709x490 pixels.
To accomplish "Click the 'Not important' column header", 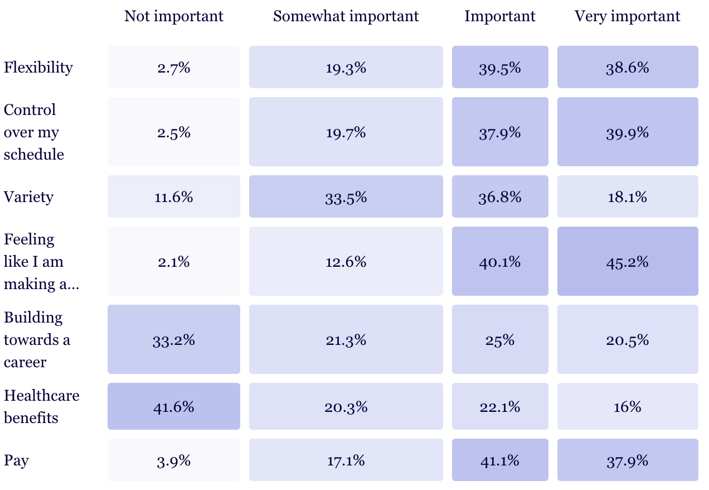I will [x=173, y=17].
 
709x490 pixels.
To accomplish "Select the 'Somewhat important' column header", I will [x=346, y=17].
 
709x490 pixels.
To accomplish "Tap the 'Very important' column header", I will [x=627, y=17].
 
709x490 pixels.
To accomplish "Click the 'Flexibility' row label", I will [x=38, y=68].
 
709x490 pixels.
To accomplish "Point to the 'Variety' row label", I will [x=29, y=197].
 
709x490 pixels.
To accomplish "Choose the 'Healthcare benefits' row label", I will [x=42, y=406].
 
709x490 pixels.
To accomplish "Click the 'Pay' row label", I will [x=16, y=460].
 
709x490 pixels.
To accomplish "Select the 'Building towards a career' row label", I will [x=37, y=339].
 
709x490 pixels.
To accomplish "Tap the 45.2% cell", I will [x=628, y=261].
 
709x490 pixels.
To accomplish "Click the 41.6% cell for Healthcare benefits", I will [x=173, y=406].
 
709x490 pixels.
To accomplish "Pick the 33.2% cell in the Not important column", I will [x=173, y=339].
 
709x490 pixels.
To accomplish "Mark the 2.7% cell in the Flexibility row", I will [x=173, y=68].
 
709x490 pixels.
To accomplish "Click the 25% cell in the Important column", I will [x=500, y=339].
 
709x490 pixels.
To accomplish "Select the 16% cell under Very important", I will [x=628, y=406].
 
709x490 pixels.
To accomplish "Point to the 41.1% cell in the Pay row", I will [x=500, y=460].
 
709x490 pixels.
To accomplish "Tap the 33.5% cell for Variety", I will [x=346, y=197].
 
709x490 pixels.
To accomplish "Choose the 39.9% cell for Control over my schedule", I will [x=628, y=132].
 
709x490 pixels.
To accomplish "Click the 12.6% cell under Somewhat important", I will [x=346, y=261].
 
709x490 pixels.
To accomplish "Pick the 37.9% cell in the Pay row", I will [x=628, y=460].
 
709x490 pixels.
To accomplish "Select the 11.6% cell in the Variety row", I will [x=173, y=197].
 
